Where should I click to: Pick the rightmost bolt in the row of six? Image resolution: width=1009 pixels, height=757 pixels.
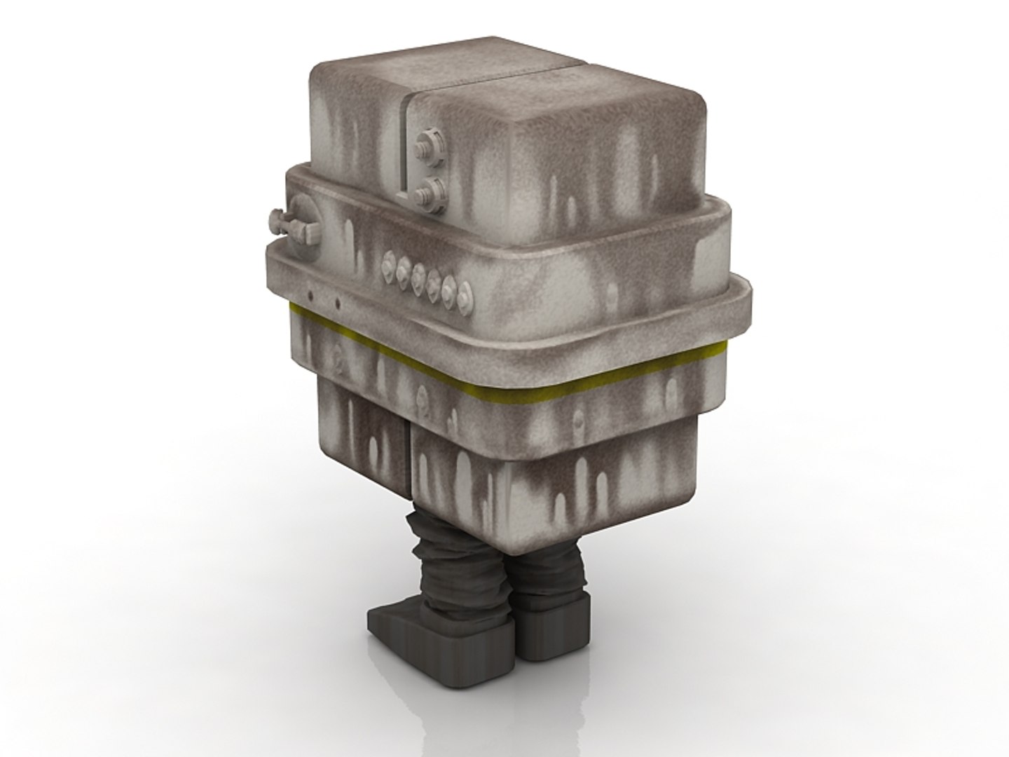point(465,301)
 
